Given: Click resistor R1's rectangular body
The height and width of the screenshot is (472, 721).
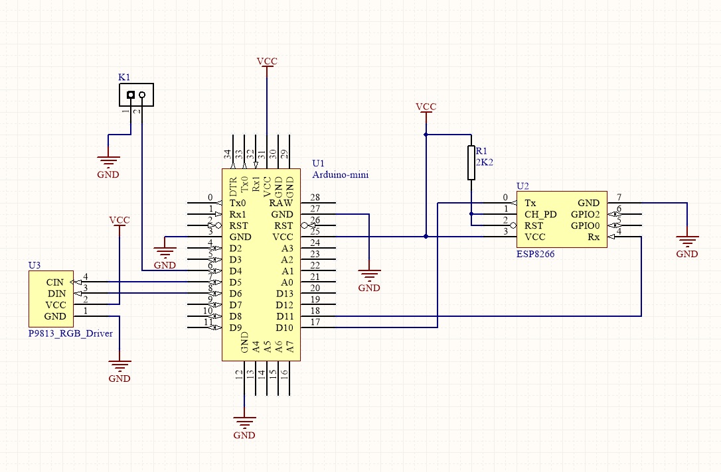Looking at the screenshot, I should point(471,163).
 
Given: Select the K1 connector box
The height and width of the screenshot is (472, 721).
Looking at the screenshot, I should point(136,95).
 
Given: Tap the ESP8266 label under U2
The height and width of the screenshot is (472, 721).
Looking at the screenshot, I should point(535,253).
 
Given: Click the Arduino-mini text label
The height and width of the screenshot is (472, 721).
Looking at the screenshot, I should point(340,174).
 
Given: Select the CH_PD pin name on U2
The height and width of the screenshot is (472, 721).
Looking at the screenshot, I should point(540,214).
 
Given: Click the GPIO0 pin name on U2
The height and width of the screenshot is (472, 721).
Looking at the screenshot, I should point(585,225).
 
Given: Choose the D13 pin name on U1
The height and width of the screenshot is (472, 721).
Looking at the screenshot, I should point(285,294).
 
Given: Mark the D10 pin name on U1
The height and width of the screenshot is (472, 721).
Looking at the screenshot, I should point(285,327).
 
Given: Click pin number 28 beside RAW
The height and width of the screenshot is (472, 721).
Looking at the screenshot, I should point(315,198).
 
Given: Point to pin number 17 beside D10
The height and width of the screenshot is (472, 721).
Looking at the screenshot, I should point(315,323).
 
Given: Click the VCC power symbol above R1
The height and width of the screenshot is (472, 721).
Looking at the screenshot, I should point(426,108).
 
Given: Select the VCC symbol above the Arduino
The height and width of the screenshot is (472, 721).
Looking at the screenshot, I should point(267,63).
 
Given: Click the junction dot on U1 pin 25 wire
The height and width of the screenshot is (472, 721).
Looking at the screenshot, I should point(426,236).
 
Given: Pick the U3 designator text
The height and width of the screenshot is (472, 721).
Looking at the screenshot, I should point(35,265).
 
